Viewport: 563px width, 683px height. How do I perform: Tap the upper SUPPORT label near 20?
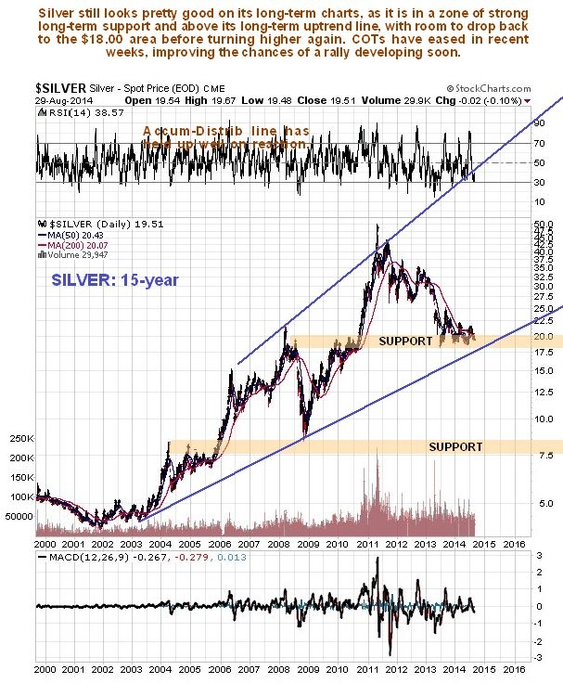coord(405,341)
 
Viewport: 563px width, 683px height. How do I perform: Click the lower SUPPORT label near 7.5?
coord(455,447)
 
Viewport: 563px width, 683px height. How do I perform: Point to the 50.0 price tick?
coord(544,226)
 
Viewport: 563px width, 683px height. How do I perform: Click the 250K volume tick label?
coord(19,438)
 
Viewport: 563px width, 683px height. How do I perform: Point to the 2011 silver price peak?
coord(377,226)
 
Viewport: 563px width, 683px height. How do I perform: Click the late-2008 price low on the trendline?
coord(304,433)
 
